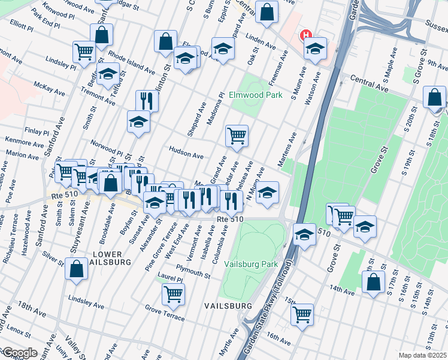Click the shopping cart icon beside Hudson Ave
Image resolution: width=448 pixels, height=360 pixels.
click(237, 136)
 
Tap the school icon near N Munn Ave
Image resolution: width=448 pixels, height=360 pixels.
click(268, 193)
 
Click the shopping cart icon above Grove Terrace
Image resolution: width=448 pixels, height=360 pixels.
click(173, 293)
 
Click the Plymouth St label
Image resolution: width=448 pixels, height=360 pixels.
click(192, 274)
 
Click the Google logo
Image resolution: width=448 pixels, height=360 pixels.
click(20, 353)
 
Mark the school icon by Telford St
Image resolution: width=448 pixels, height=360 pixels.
click(108, 75)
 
